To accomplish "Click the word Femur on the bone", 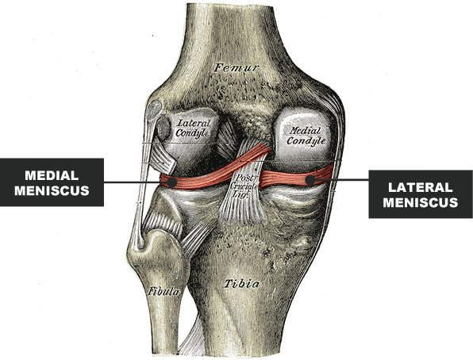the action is pos(236,67).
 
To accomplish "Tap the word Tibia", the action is pos(241,284).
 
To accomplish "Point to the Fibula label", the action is pos(163,291).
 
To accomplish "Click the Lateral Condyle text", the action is pos(193,128).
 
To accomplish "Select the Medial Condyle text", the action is pos(306,136).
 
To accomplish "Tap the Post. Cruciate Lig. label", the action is pos(244,186).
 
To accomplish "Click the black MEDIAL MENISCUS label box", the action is pos(52,182).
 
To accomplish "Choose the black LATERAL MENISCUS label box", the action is pos(421,194).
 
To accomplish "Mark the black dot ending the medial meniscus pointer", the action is pos(172,182).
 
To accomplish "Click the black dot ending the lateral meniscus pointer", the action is pos(310,180).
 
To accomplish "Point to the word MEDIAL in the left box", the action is pos(52,175).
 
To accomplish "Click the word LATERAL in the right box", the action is pos(421,187).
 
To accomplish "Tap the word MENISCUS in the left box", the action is pos(52,190).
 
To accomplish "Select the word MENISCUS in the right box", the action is pos(421,202).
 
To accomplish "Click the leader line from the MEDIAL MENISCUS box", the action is pos(136,182).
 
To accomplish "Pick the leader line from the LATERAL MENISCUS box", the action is pos(342,180).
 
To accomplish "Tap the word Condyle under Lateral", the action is pos(193,133).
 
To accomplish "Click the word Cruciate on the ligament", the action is pos(244,186).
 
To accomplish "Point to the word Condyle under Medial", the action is pos(306,141).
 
